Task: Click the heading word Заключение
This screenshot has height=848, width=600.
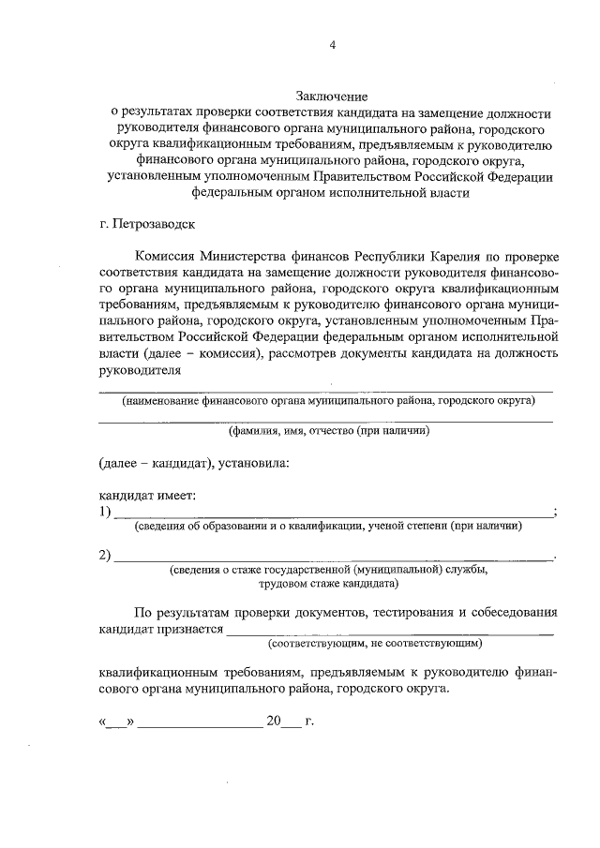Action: tap(331, 96)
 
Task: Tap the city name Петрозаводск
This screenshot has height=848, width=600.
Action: tap(149, 225)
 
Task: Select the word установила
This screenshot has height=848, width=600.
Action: tap(252, 463)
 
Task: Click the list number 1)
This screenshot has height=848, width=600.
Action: tap(106, 512)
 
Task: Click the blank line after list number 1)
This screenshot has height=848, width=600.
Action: tap(333, 514)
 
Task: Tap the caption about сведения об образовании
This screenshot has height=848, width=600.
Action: tap(327, 527)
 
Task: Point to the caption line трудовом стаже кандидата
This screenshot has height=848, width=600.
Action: tap(327, 583)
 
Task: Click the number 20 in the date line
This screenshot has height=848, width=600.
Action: tap(273, 722)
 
